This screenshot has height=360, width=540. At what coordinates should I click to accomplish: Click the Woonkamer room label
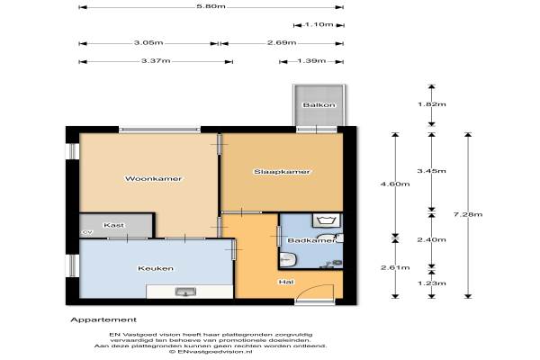tap(153, 178)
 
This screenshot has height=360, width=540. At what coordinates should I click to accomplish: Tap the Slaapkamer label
tap(282, 172)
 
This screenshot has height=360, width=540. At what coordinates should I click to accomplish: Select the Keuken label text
tap(156, 268)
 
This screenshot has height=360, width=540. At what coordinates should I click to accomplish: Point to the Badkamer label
tap(311, 240)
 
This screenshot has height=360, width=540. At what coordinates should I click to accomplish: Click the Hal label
tap(286, 282)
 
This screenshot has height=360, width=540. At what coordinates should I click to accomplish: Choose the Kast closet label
tap(113, 225)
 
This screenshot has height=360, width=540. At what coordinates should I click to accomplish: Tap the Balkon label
tap(319, 104)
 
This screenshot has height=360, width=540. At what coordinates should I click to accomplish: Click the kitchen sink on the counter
tap(185, 292)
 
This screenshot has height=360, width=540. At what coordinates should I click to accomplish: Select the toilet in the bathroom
tap(288, 259)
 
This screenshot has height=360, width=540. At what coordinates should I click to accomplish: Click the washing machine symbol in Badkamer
tap(326, 220)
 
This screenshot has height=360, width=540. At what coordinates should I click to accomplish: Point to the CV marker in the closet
tap(87, 232)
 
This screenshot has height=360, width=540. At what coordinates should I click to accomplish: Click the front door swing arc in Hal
tap(313, 288)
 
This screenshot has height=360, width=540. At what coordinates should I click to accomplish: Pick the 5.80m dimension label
tap(211, 6)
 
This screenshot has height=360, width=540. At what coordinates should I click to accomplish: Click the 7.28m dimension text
tap(468, 214)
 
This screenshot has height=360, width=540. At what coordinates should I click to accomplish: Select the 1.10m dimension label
tap(319, 24)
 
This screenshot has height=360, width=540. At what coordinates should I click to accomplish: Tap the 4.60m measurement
tap(395, 184)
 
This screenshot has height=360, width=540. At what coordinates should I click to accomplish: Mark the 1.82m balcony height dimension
tap(431, 104)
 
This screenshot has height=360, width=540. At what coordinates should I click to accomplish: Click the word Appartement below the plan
tap(103, 319)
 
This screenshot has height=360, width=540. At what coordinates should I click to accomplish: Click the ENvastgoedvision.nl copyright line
tap(211, 352)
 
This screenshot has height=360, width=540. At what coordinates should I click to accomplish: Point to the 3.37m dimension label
tap(156, 60)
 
